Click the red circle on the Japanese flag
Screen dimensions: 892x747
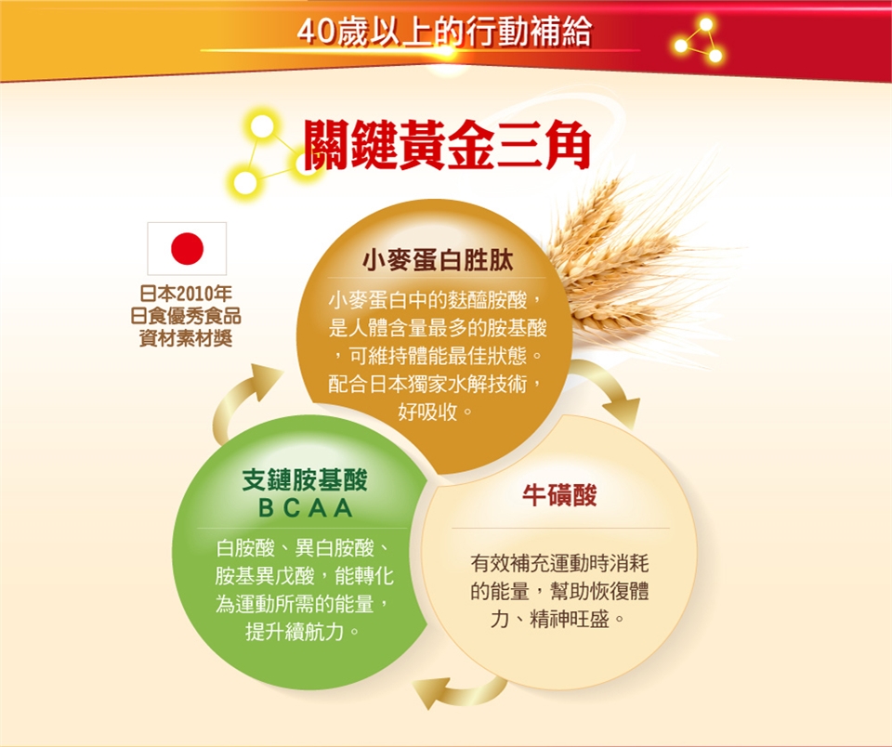pyautogui.click(x=187, y=249)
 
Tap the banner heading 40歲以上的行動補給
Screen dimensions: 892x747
pyautogui.click(x=445, y=32)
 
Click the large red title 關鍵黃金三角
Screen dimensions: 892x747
pyautogui.click(x=447, y=145)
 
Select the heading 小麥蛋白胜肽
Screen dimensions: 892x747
pyautogui.click(x=438, y=260)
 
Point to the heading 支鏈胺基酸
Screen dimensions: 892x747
pyautogui.click(x=305, y=480)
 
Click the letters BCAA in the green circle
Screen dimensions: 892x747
pyautogui.click(x=306, y=508)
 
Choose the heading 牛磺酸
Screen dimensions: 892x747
pyautogui.click(x=559, y=495)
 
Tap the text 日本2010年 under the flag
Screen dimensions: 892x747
pyautogui.click(x=186, y=294)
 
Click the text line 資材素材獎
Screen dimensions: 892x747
pyautogui.click(x=186, y=338)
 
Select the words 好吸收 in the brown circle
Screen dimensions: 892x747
pyautogui.click(x=428, y=412)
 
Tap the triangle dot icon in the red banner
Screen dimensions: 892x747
pyautogui.click(x=698, y=40)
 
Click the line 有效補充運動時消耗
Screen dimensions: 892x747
pyautogui.click(x=559, y=563)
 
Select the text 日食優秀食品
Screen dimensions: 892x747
pyautogui.click(x=186, y=316)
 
